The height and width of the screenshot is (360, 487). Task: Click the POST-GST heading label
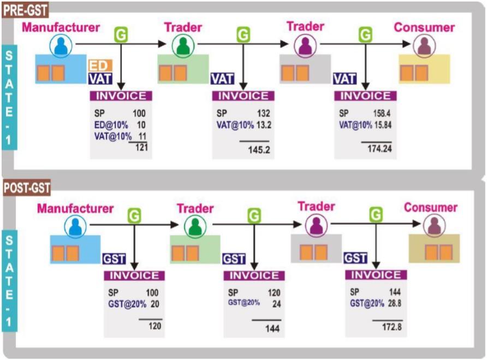[x=27, y=188]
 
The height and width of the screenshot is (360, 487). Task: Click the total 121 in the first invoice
[x=141, y=147]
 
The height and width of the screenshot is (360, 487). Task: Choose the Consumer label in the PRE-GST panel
[x=424, y=27]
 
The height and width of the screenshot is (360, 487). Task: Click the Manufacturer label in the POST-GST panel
[x=75, y=208]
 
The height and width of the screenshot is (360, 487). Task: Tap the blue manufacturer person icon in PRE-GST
[x=61, y=46]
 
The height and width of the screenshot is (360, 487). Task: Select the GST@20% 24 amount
[x=276, y=303]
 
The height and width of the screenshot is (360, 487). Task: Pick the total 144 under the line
[x=272, y=328]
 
